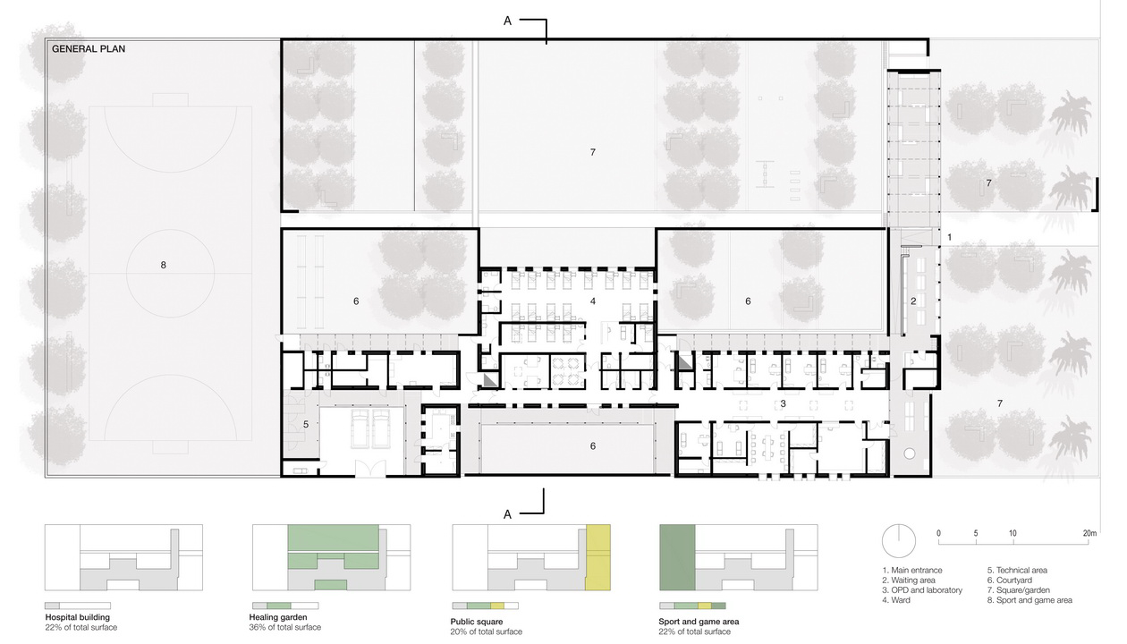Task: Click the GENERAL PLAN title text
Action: [89, 49]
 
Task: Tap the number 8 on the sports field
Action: [163, 265]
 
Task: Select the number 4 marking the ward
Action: [593, 301]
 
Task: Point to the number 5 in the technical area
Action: [306, 424]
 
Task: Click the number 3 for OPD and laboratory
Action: [783, 403]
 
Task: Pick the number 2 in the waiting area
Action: [913, 301]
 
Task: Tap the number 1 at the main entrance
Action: [949, 237]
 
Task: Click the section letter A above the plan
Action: [508, 21]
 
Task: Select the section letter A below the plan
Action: [508, 514]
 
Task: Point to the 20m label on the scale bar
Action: [1089, 533]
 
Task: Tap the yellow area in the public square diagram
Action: [598, 557]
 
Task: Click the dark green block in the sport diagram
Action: [677, 557]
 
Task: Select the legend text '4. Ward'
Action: [896, 599]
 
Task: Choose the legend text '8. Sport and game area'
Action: [1030, 599]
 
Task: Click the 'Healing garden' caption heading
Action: [278, 617]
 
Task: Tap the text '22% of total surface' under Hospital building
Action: [81, 627]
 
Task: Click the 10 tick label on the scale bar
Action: [1013, 533]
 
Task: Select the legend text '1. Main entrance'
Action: [912, 570]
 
